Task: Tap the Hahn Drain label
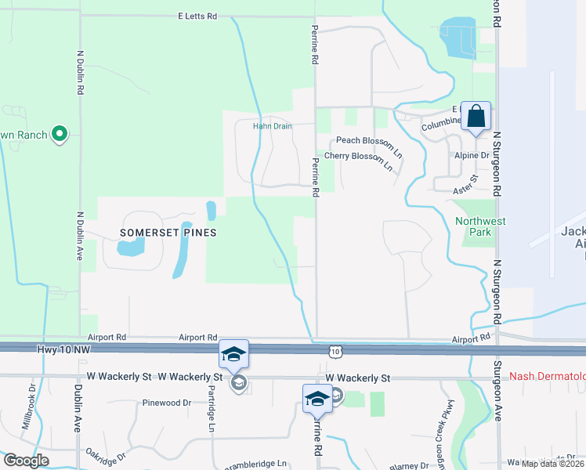(272, 125)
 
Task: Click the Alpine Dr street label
(472, 156)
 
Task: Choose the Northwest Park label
(480, 227)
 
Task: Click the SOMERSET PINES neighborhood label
(168, 233)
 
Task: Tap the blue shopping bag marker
(476, 117)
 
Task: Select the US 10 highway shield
(335, 352)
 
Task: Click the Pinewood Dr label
(166, 403)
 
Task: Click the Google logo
(26, 461)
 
